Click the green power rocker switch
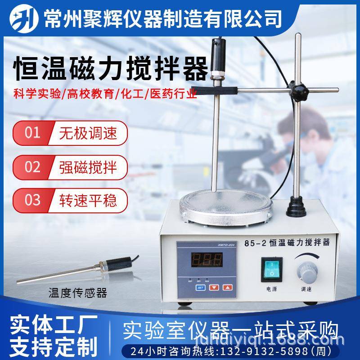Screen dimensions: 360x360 pyautogui.click(x=272, y=269)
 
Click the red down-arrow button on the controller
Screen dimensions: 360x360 pyautogui.click(x=216, y=287)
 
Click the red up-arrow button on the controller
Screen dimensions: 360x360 pyautogui.click(x=229, y=287)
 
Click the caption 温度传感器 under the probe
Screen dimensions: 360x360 pyautogui.click(x=77, y=293)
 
